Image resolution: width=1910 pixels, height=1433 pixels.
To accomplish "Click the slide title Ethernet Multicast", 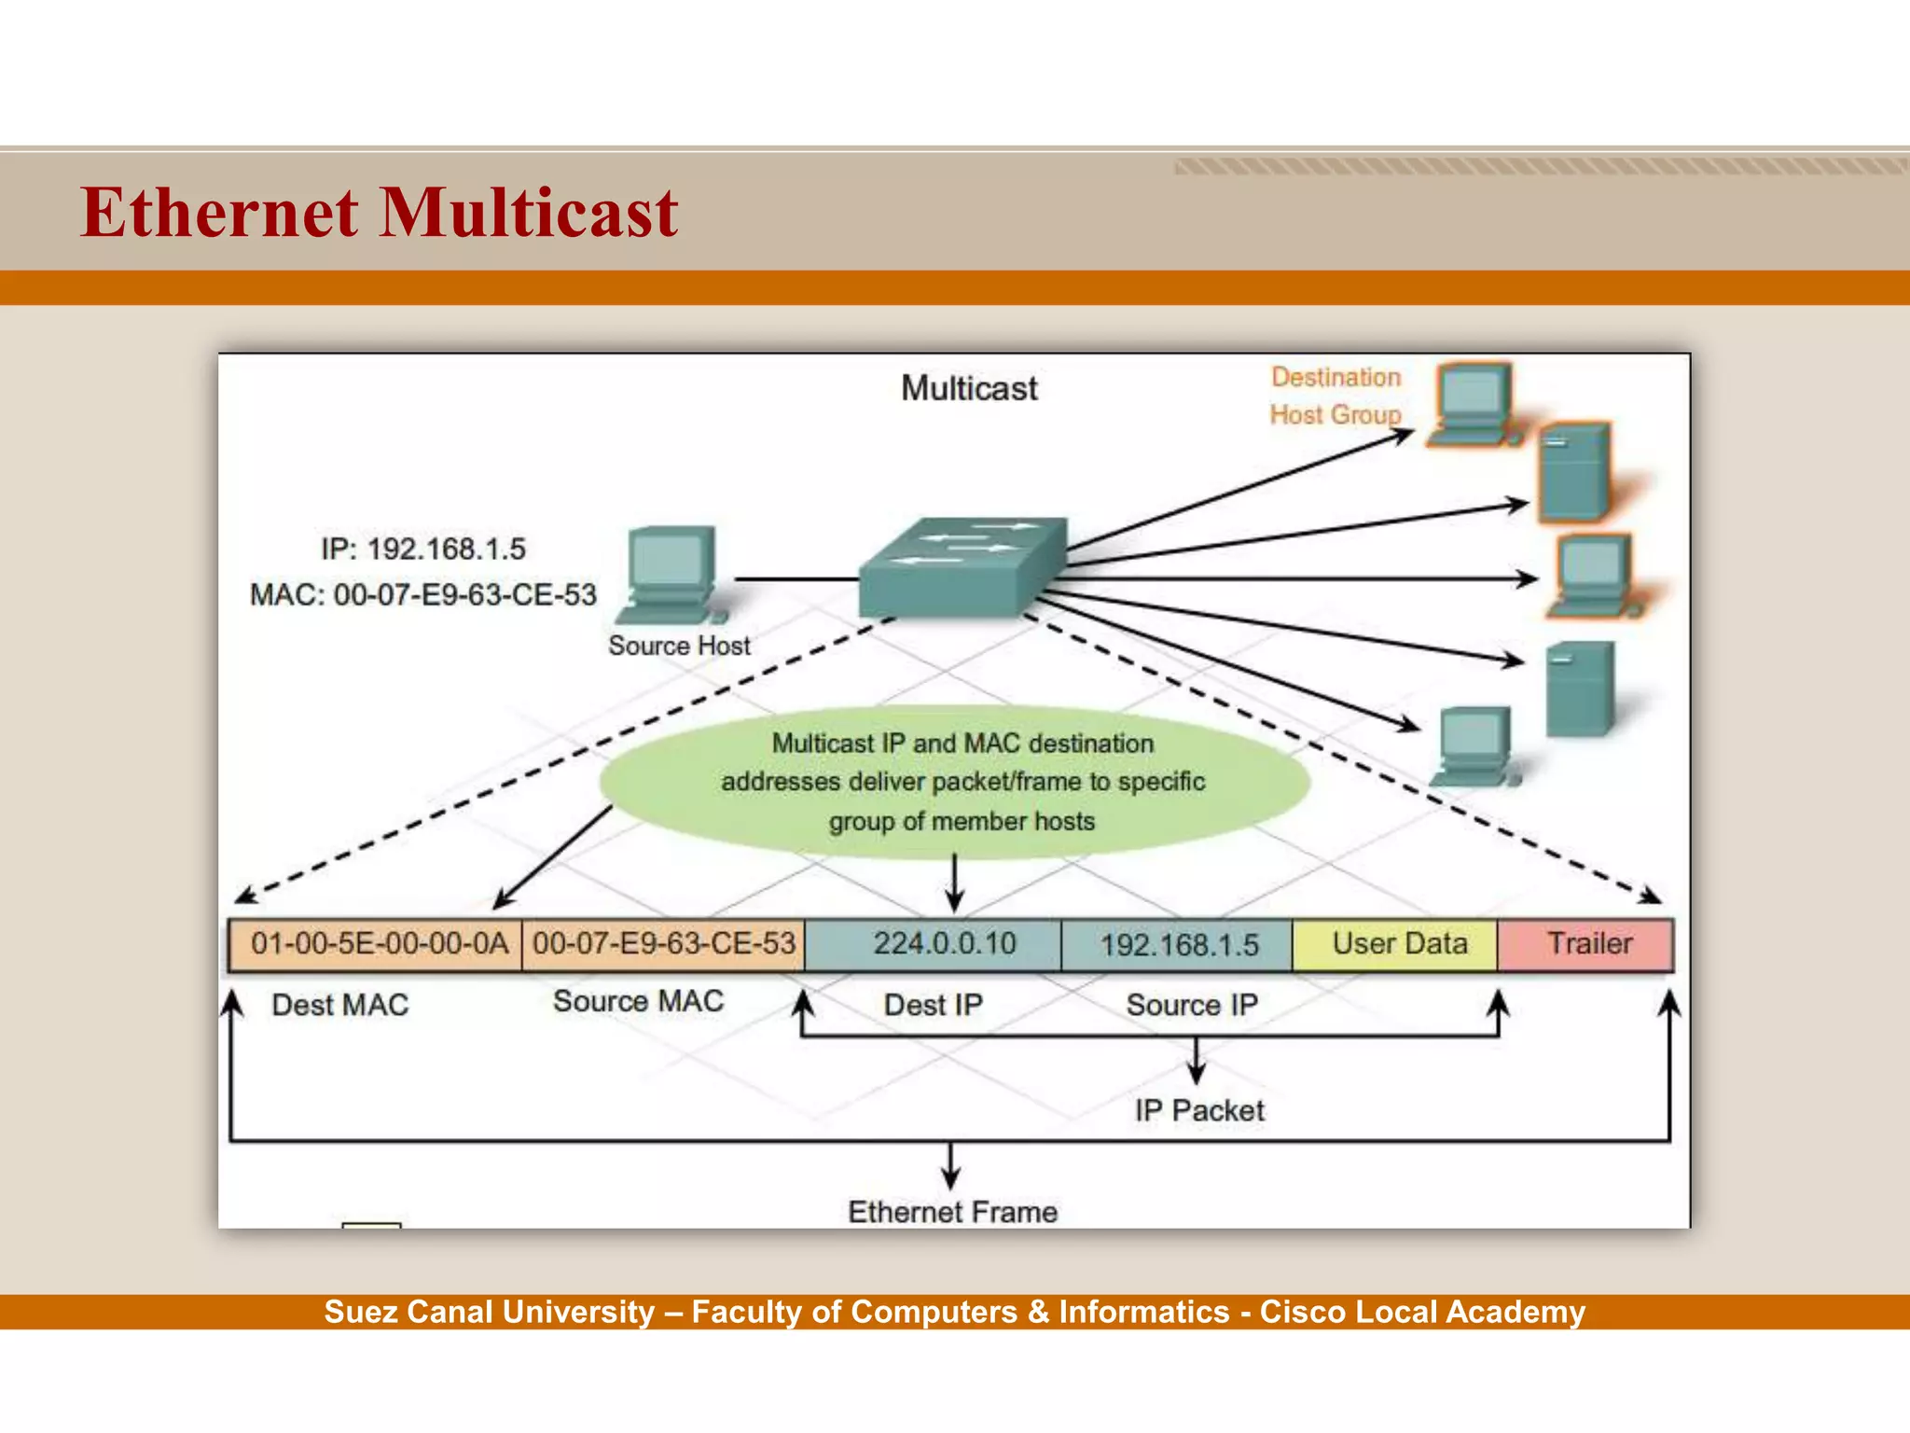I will click(x=379, y=213).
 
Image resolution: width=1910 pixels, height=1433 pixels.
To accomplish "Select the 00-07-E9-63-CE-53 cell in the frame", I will click(x=663, y=944).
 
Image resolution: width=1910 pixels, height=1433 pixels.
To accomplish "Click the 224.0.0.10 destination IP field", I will click(x=934, y=944).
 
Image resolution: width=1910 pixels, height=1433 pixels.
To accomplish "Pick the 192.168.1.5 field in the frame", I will click(x=1177, y=945).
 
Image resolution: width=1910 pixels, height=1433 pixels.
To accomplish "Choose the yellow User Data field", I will click(x=1396, y=944).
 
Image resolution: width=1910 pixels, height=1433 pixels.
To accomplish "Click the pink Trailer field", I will click(x=1587, y=944).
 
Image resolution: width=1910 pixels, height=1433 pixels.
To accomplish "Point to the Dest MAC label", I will click(x=339, y=1005).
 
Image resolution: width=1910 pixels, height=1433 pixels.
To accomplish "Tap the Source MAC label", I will click(x=638, y=1001).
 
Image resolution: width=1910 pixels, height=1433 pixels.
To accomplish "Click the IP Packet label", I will click(x=1198, y=1110).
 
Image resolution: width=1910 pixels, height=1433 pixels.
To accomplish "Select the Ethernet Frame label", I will click(x=952, y=1212).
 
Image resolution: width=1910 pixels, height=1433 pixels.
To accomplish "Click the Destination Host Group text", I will click(x=1335, y=396).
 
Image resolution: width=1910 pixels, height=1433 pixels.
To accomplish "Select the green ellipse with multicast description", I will click(x=955, y=782).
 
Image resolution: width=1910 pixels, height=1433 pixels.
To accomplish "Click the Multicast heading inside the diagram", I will click(x=968, y=388).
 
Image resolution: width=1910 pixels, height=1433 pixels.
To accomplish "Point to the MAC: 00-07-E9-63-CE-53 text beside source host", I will click(x=422, y=594).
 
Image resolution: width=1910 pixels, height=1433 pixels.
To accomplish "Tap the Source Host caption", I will click(x=679, y=646).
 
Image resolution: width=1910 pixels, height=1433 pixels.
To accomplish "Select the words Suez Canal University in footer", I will click(x=489, y=1312).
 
